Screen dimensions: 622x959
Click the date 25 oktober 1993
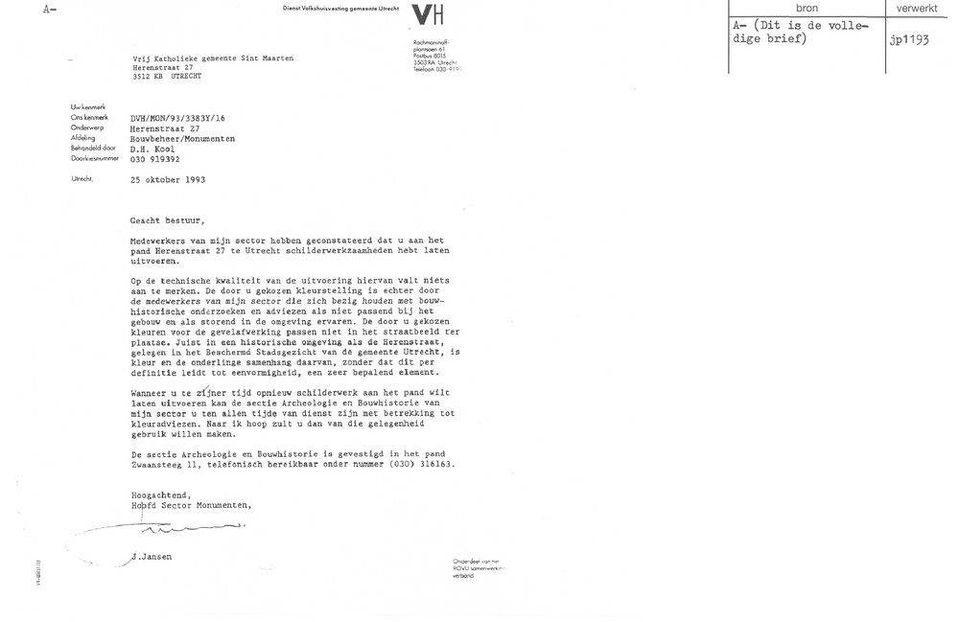point(168,179)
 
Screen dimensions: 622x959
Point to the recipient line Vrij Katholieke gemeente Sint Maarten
point(213,58)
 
